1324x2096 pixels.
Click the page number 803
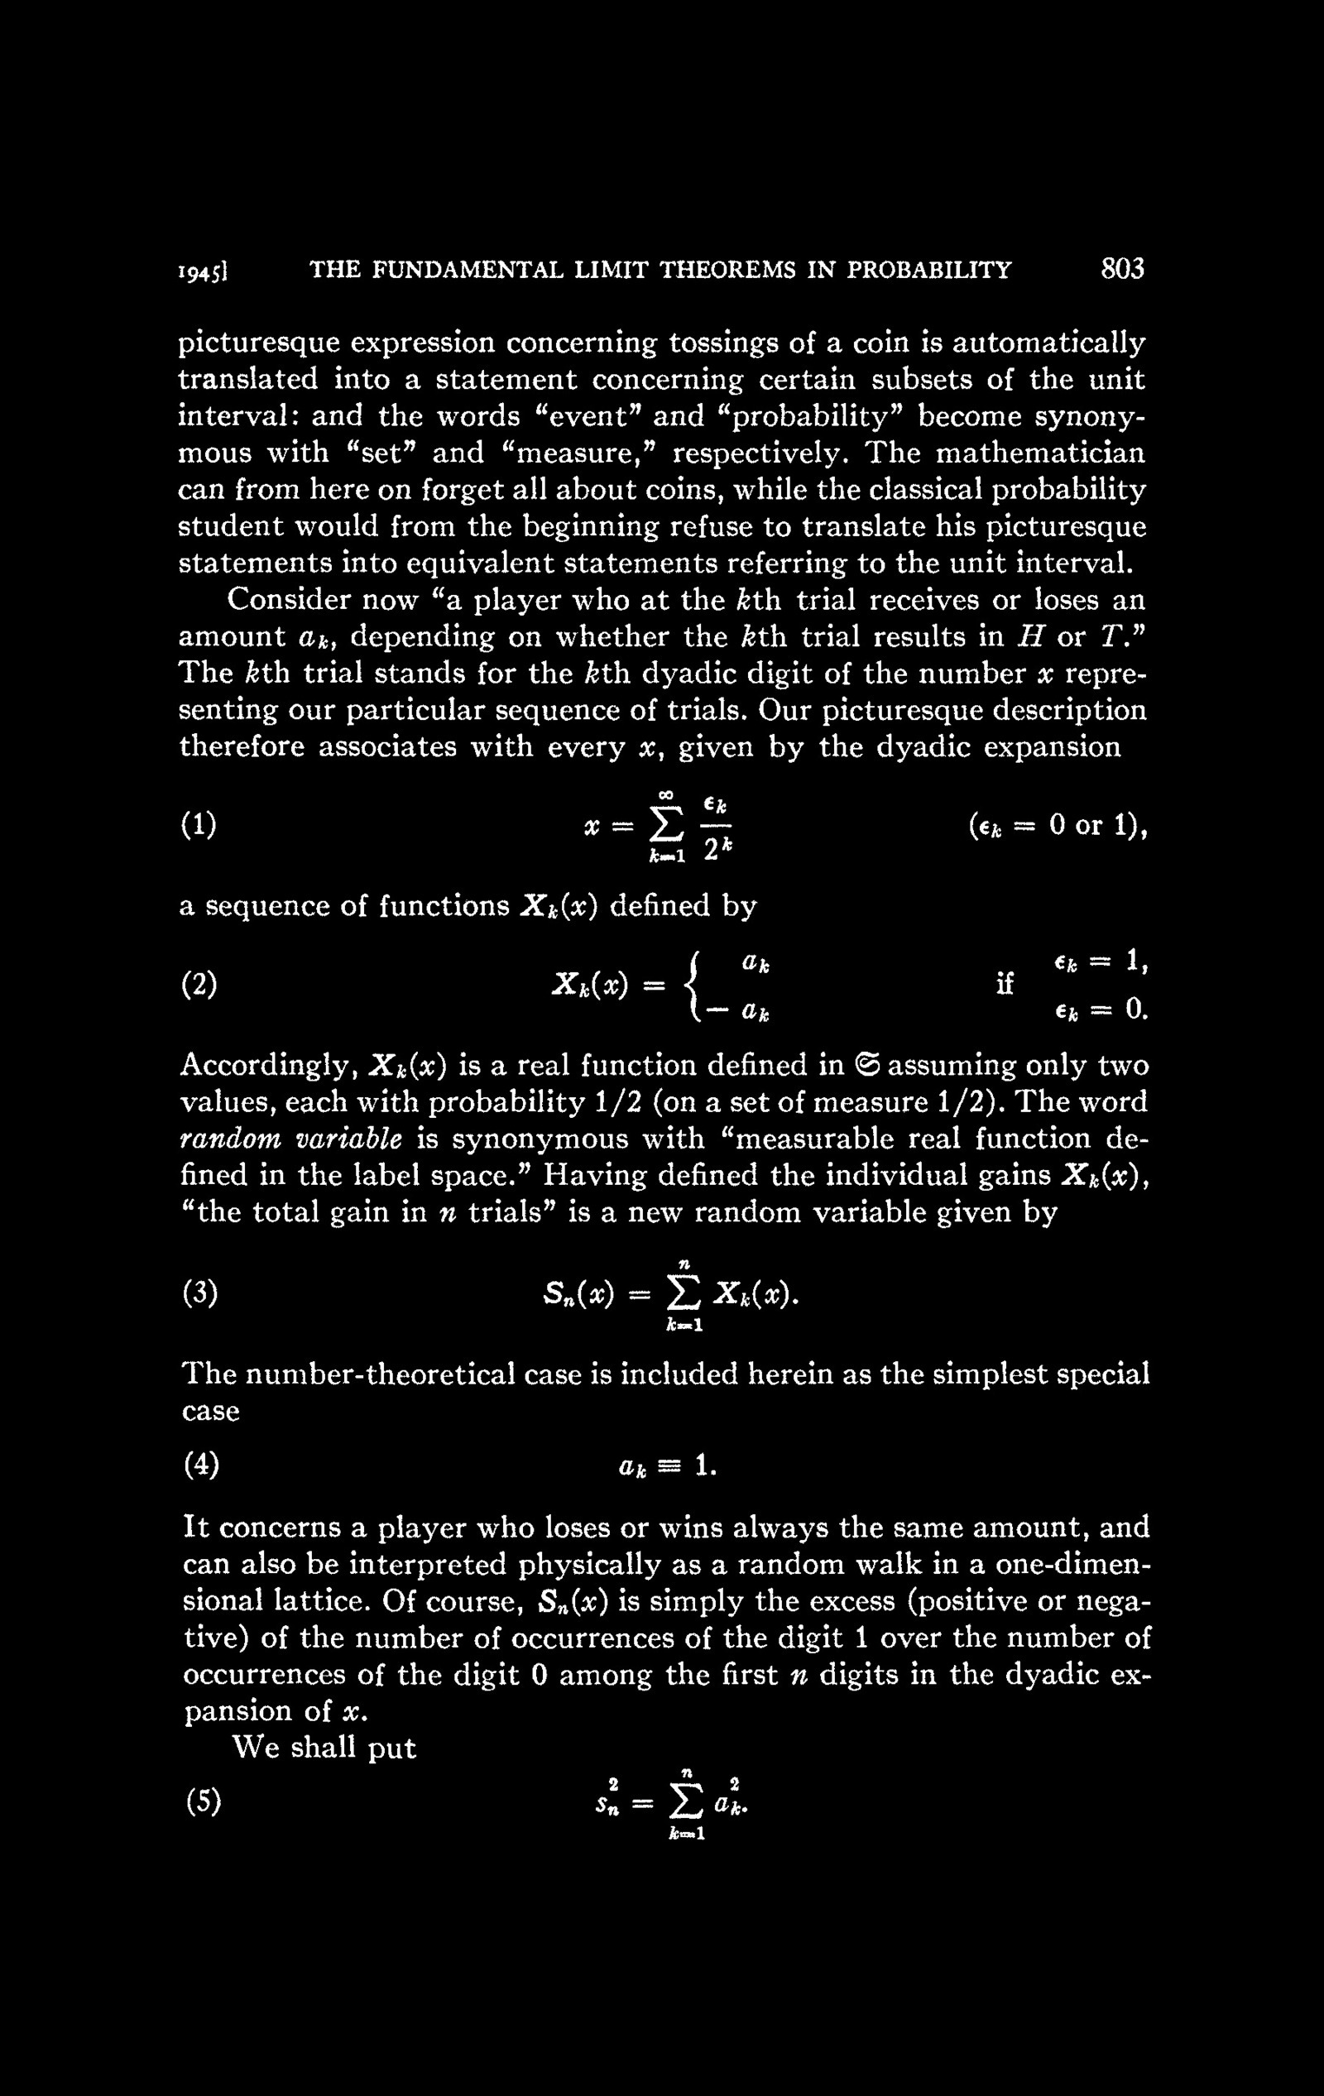click(1122, 269)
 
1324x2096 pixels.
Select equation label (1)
click(199, 823)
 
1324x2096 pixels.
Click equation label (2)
click(199, 985)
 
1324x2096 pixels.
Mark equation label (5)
click(202, 1801)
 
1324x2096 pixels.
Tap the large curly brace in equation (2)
click(693, 986)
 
